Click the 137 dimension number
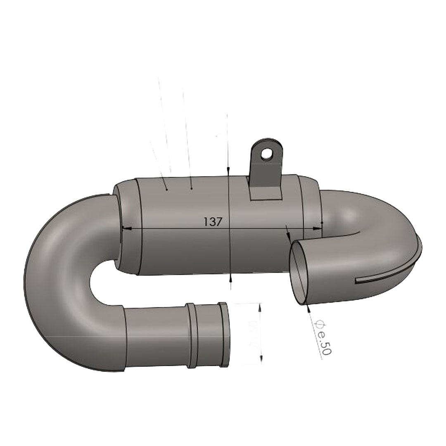[x=213, y=222]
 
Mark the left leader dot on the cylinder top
[x=166, y=190]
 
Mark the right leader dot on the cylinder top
[x=191, y=188]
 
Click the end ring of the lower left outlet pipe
[x=224, y=334]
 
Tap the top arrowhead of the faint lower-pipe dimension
[x=260, y=306]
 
